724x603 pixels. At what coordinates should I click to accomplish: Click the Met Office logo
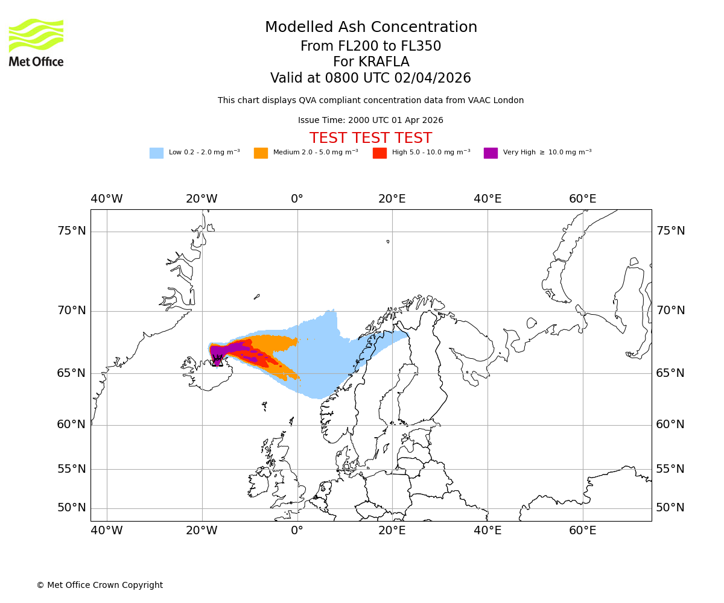pyautogui.click(x=36, y=42)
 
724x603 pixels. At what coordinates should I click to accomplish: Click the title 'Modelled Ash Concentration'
pyautogui.click(x=371, y=27)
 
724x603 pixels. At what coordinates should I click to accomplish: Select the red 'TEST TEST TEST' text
pyautogui.click(x=371, y=138)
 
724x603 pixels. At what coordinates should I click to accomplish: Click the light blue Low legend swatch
pyautogui.click(x=156, y=153)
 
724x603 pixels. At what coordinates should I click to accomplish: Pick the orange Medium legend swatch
pyautogui.click(x=261, y=153)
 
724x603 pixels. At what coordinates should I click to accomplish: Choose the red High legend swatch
pyautogui.click(x=379, y=153)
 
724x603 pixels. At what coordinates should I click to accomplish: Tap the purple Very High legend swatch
pyautogui.click(x=491, y=153)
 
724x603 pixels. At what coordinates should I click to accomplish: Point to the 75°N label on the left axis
pyautogui.click(x=71, y=231)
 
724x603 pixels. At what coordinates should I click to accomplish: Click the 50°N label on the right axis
pyautogui.click(x=670, y=508)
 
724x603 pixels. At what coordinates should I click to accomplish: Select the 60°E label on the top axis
pyautogui.click(x=582, y=199)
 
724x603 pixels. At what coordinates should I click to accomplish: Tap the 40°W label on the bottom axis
pyautogui.click(x=107, y=531)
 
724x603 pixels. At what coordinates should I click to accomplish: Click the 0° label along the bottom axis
pyautogui.click(x=297, y=531)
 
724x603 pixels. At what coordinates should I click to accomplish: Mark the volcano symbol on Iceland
pyautogui.click(x=218, y=361)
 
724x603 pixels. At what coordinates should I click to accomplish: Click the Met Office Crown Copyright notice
pyautogui.click(x=100, y=585)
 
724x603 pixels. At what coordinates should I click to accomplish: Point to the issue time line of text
pyautogui.click(x=370, y=120)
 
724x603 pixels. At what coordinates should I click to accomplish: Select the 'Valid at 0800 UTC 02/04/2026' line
pyautogui.click(x=370, y=78)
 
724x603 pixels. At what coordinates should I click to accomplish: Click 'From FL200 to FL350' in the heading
pyautogui.click(x=370, y=46)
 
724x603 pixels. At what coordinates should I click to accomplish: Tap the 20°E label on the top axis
pyautogui.click(x=392, y=199)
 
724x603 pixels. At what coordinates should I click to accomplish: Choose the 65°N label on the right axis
pyautogui.click(x=670, y=373)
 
